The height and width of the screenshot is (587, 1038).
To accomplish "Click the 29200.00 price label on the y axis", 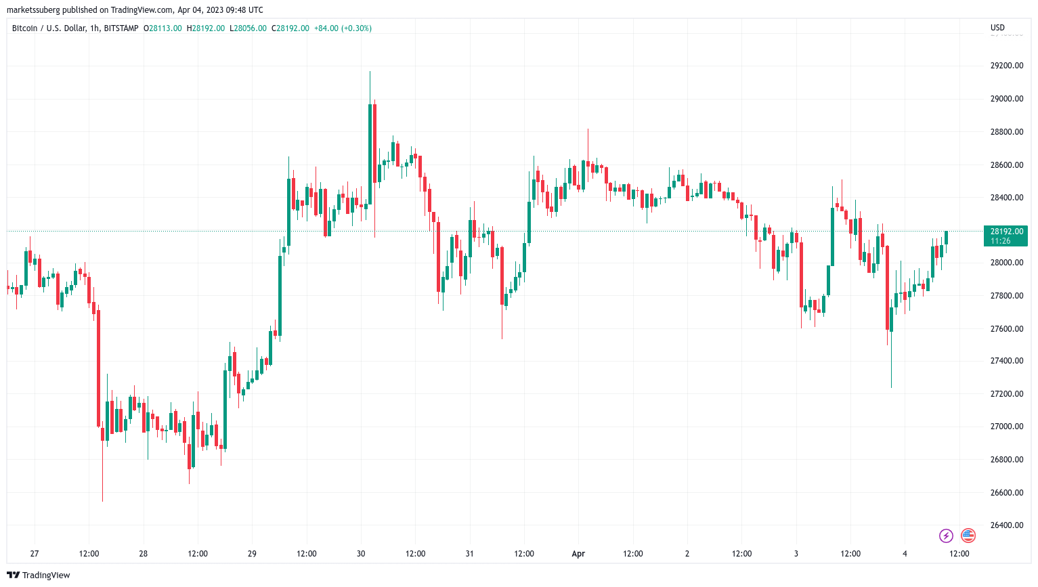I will coord(1006,66).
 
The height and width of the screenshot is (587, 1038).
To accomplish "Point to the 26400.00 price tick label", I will coord(1006,525).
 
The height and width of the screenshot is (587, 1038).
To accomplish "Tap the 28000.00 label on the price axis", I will coord(1006,263).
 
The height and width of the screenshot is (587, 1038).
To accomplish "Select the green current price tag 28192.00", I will coord(1005,236).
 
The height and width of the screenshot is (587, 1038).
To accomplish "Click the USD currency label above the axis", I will coord(997,28).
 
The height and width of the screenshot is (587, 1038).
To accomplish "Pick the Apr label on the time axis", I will coord(578,554).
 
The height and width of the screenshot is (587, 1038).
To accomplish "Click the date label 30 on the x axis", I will coord(361,554).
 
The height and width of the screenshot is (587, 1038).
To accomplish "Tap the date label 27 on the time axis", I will coord(35,554).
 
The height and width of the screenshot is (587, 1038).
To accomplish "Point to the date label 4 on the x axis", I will coord(905,554).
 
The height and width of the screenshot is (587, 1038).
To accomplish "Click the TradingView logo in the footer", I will coord(39,575).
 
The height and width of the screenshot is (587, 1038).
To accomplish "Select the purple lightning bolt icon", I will coord(946,536).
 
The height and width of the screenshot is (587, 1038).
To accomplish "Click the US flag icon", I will coord(968,536).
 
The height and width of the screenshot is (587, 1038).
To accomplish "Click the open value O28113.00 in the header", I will coord(163,28).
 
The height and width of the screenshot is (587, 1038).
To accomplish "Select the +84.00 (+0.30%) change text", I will coord(343,28).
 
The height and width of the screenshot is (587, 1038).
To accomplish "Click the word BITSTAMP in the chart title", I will coord(121,28).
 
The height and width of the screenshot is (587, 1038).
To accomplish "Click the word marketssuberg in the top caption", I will coord(36,10).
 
